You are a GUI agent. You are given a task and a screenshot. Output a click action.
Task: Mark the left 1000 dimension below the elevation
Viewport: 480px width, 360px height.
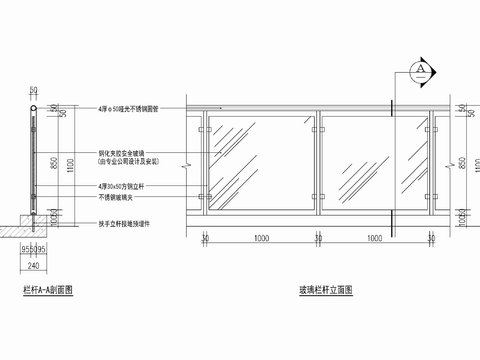tap(261, 241)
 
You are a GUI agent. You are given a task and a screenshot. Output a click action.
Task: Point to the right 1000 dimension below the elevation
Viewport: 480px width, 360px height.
tap(374, 241)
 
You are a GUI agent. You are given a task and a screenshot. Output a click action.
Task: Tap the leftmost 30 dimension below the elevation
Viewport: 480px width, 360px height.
tap(205, 241)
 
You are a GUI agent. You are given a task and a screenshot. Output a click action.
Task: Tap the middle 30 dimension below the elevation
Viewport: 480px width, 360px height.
tap(318, 241)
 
